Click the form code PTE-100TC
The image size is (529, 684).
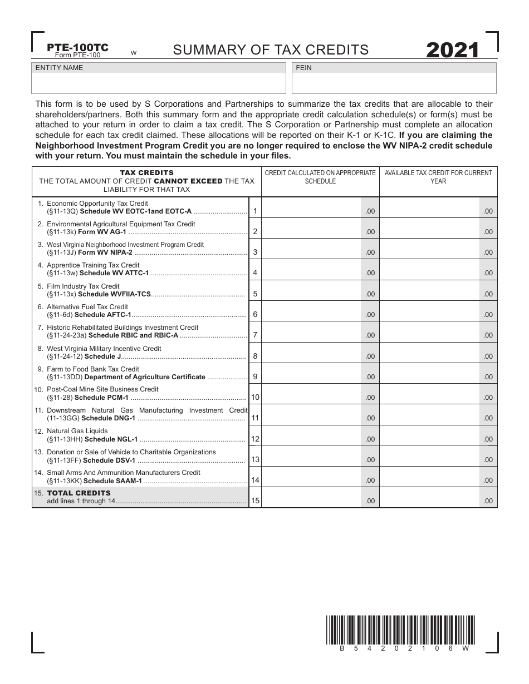coord(77,48)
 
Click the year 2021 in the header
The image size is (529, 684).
coord(452,51)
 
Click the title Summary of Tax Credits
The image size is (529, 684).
coord(271,50)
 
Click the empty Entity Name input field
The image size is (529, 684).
coord(159,83)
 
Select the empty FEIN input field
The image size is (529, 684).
coord(394,83)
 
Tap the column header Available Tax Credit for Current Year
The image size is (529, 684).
coord(438,177)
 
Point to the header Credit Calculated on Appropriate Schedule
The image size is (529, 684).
coord(320,177)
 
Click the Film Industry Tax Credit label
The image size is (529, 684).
coord(83,286)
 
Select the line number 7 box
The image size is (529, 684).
coord(254,335)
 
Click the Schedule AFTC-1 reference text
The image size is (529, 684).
coord(107,315)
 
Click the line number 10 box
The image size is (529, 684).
coord(255,397)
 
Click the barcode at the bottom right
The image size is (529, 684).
coord(399,630)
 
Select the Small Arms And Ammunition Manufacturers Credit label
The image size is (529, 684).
coord(123,472)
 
